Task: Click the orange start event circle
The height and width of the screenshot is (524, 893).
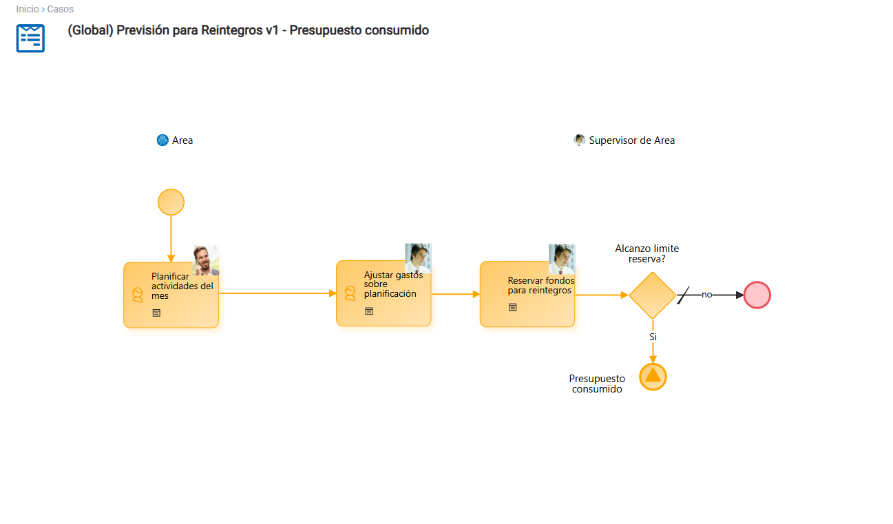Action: (x=171, y=202)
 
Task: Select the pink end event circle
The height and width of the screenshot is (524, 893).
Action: (x=757, y=295)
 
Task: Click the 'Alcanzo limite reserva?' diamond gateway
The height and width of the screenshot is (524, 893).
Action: (x=653, y=295)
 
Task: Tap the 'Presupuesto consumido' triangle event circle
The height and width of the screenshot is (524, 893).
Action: (x=653, y=377)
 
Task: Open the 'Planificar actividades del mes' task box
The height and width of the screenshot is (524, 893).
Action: (x=171, y=295)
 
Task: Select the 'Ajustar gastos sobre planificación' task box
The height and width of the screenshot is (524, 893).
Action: (x=384, y=293)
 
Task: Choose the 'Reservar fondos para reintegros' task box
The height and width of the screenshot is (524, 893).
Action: (x=527, y=294)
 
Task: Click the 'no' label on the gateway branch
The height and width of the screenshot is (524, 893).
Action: (x=707, y=295)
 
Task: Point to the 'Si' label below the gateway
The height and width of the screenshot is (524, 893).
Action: (x=653, y=337)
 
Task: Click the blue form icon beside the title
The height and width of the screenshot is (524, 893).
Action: (x=30, y=39)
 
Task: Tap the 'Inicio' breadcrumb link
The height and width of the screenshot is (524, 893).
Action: (x=28, y=9)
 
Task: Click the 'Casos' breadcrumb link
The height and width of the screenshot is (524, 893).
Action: (x=60, y=9)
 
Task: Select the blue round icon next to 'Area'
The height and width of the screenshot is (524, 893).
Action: (x=162, y=140)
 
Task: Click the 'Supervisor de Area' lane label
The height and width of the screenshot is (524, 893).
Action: (x=632, y=140)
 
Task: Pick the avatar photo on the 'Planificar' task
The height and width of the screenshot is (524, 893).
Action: (x=206, y=260)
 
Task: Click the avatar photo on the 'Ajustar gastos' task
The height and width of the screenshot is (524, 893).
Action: (x=418, y=258)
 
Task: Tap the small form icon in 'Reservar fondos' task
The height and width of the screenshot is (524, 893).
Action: (x=513, y=308)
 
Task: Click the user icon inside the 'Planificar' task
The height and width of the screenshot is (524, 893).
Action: (x=138, y=295)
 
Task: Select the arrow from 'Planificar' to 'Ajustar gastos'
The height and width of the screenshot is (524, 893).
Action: (x=277, y=293)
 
